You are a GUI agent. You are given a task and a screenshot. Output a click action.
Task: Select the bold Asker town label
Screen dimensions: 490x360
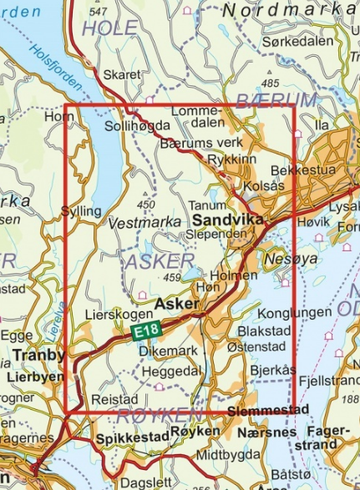click(179, 303)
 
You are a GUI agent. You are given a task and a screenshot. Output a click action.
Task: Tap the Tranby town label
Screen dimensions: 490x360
click(39, 356)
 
